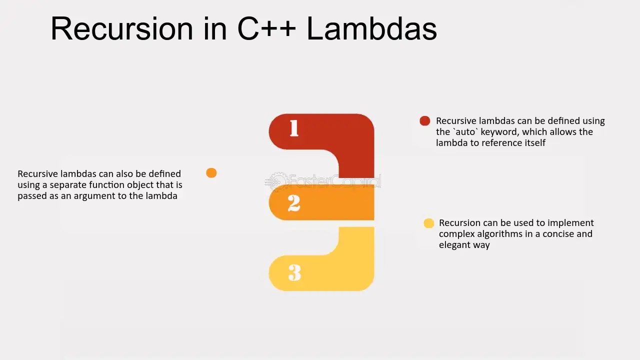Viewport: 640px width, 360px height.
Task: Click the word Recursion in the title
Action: point(122,29)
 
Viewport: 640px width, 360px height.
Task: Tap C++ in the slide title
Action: point(266,29)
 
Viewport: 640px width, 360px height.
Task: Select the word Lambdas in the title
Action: point(371,29)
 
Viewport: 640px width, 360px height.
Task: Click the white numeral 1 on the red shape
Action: point(294,128)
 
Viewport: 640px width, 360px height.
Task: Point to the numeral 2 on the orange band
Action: point(294,203)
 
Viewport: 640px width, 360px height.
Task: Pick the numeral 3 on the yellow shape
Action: point(294,272)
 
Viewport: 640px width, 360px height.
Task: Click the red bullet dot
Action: point(425,121)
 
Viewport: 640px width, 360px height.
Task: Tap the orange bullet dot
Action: point(211,173)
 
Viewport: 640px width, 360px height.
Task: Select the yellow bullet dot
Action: point(429,223)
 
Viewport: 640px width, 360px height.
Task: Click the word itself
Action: point(533,143)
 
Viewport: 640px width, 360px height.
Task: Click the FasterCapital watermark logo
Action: point(323,181)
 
